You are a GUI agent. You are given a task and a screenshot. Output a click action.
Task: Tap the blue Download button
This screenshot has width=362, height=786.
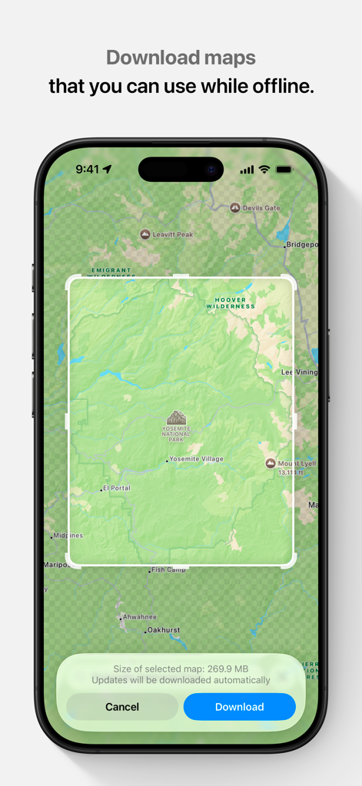point(239,707)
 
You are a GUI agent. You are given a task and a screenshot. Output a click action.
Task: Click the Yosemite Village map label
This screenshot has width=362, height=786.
point(196,459)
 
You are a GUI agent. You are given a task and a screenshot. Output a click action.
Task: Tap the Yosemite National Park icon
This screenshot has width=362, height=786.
point(177,418)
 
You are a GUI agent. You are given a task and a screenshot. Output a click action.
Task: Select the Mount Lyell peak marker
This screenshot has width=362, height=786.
point(270,464)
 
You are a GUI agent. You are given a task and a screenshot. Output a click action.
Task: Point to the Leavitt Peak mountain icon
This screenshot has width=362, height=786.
point(145,234)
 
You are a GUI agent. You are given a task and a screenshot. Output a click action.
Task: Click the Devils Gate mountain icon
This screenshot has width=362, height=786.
point(235,207)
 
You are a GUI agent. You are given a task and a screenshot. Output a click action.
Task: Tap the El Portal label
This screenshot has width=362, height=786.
point(118,487)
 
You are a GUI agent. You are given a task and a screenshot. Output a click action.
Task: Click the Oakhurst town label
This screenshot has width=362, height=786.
point(164,630)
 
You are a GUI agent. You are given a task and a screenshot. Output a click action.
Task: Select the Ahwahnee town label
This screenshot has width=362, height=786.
point(140,616)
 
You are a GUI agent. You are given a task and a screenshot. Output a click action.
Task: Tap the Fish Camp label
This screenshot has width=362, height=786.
point(168,570)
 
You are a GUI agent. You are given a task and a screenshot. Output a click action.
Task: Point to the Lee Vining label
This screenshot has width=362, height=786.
point(298,372)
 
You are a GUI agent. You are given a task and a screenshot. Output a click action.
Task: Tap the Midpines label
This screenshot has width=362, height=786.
point(68,535)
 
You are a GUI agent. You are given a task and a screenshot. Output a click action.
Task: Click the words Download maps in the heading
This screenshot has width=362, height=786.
point(181,58)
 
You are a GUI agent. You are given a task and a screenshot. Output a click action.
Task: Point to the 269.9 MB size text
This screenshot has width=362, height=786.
point(228,669)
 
